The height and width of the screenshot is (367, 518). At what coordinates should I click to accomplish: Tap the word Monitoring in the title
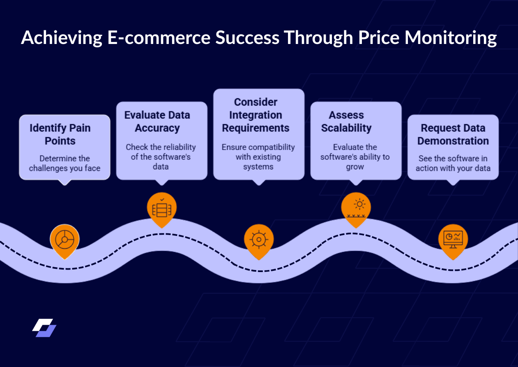(x=451, y=38)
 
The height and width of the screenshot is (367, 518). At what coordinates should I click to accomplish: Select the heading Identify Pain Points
(x=60, y=134)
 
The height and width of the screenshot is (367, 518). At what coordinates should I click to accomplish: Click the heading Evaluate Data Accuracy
(x=157, y=121)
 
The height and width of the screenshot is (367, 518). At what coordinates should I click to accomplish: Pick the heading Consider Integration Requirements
(x=256, y=115)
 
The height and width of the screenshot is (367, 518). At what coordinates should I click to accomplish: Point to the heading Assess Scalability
(x=346, y=121)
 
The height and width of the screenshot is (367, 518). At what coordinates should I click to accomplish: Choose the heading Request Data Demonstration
(x=453, y=134)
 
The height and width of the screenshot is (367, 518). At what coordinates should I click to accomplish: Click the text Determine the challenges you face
(x=64, y=163)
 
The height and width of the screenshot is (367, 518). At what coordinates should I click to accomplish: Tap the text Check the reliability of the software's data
(x=161, y=157)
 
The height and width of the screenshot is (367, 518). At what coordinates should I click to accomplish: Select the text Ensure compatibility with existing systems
(x=258, y=157)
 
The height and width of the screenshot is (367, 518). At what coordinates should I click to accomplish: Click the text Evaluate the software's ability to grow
(x=355, y=157)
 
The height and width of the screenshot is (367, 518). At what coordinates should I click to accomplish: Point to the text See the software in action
(x=453, y=163)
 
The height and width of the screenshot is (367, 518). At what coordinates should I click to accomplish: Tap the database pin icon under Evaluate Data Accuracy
(x=162, y=209)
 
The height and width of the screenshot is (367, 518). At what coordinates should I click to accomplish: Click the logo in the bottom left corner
(x=44, y=328)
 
